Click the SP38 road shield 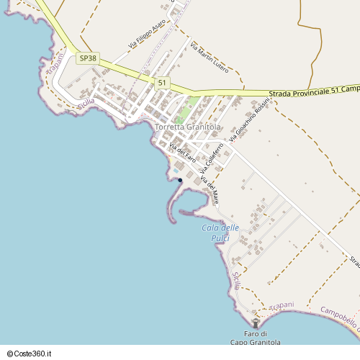[87, 58]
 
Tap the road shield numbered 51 [162, 83]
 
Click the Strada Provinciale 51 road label [314, 91]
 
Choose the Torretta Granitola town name [187, 127]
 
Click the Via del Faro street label [182, 152]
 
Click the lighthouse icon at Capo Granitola [255, 324]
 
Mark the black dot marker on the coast [180, 180]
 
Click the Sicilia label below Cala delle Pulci [236, 280]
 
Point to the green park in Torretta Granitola [184, 111]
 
